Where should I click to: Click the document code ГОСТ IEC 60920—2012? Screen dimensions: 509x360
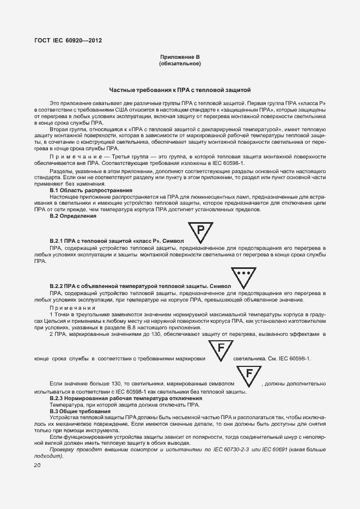tap(68, 41)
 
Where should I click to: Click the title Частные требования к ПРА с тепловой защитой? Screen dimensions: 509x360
tap(180, 90)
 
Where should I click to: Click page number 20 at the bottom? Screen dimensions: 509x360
tap(37, 465)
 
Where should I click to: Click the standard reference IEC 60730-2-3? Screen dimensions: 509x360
tap(243, 450)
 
